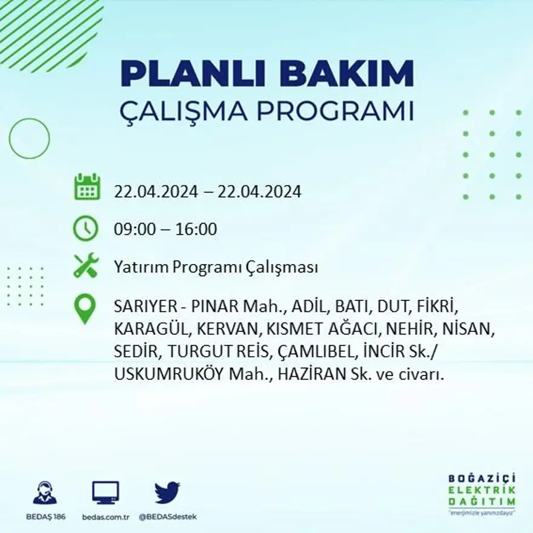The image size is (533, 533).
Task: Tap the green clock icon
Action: pyautogui.click(x=85, y=228)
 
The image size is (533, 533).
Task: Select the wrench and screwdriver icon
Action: pyautogui.click(x=86, y=266)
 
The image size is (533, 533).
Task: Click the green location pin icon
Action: pyautogui.click(x=85, y=308)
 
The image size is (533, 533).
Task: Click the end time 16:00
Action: pyautogui.click(x=196, y=230)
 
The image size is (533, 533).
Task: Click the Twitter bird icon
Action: pyautogui.click(x=167, y=492)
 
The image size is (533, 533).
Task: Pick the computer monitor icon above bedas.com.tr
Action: pyautogui.click(x=105, y=492)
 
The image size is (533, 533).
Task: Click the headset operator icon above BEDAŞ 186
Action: pyautogui.click(x=45, y=493)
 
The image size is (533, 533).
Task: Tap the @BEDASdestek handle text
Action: pyautogui.click(x=167, y=517)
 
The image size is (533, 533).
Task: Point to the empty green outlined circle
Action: pyautogui.click(x=29, y=138)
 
